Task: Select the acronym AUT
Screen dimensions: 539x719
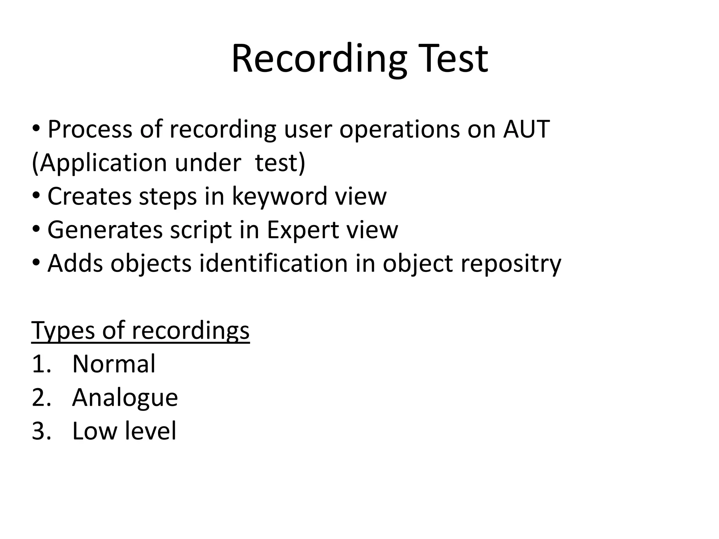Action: click(526, 129)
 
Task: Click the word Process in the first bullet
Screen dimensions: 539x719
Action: click(90, 129)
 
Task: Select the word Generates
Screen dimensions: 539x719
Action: click(105, 230)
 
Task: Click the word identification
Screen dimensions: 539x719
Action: click(273, 263)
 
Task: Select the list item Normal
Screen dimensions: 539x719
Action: click(113, 364)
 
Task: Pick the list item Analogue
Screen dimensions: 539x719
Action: click(125, 398)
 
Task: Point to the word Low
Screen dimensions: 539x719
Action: click(94, 431)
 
